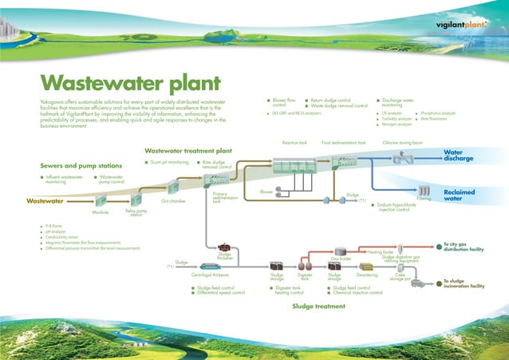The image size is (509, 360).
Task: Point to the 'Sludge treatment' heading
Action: click(318, 306)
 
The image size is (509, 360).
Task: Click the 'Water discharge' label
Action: click(458, 156)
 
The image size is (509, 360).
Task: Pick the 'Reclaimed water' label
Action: click(459, 196)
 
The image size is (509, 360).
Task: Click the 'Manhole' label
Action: click(101, 212)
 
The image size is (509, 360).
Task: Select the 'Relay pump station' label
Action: click(135, 213)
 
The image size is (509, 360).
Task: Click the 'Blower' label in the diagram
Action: click(266, 192)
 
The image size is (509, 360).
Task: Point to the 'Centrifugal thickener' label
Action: click(210, 275)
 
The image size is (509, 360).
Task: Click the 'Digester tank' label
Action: click(305, 276)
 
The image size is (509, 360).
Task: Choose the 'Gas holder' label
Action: click(341, 259)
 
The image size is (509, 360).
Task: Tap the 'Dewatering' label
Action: click(367, 275)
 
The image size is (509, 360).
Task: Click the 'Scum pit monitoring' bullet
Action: click(169, 162)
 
